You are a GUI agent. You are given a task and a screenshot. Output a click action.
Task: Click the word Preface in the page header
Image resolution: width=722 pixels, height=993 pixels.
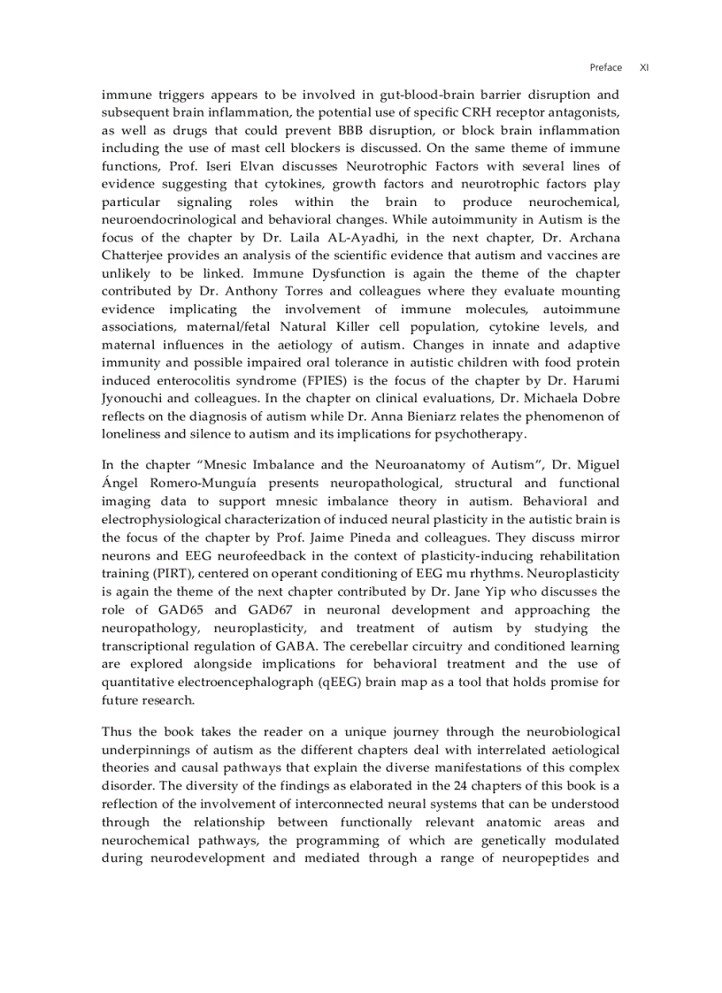tap(605, 67)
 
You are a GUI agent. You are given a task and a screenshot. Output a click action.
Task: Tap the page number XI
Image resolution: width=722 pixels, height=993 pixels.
tap(644, 67)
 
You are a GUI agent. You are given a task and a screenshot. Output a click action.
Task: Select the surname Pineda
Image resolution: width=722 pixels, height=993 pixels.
tap(396, 538)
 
